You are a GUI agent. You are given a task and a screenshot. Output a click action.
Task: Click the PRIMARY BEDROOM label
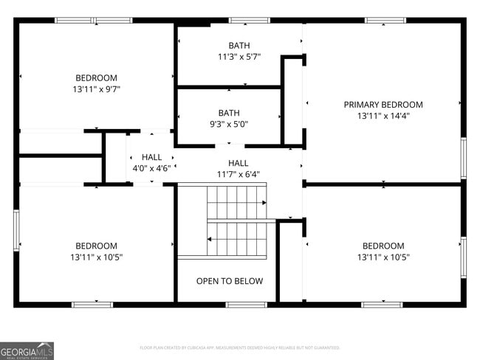(x=383, y=105)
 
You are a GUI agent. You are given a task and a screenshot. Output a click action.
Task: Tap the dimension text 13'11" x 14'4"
(x=383, y=116)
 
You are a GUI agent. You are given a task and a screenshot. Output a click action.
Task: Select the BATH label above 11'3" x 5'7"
(x=239, y=46)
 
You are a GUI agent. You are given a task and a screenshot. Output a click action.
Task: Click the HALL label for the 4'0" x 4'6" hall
(x=151, y=157)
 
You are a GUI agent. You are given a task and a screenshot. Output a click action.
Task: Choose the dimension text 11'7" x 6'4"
(x=238, y=174)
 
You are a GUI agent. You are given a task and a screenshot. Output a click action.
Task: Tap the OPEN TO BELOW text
(x=229, y=281)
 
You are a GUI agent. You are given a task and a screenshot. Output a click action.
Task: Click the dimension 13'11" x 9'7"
(x=96, y=89)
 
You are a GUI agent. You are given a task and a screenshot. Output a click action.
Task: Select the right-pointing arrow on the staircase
(x=263, y=202)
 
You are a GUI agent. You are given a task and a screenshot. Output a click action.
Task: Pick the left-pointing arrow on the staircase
(x=210, y=238)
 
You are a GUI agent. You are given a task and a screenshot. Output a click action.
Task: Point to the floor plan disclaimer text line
(x=239, y=347)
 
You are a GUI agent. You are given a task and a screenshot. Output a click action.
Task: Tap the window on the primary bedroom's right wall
(x=463, y=158)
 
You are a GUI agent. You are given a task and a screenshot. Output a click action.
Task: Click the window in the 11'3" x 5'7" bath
(x=249, y=20)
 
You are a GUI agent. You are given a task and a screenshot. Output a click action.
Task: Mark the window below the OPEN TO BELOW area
(x=246, y=304)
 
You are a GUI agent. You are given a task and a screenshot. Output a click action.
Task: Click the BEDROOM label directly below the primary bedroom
(x=383, y=246)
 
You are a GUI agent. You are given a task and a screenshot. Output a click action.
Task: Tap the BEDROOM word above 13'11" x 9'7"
(x=96, y=77)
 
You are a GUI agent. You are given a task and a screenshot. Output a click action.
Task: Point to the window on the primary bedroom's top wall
(x=385, y=20)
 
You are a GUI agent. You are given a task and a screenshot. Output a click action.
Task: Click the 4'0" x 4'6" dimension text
(x=151, y=168)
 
